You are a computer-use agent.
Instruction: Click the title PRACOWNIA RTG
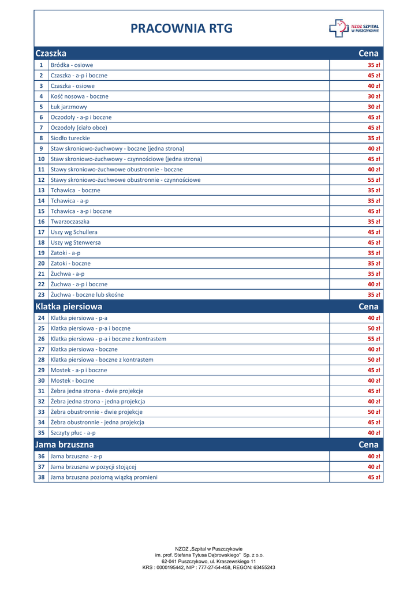[181, 28]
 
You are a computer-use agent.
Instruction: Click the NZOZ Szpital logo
[354, 28]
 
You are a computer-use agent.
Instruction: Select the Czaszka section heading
[51, 53]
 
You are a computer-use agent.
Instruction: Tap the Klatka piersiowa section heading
[69, 306]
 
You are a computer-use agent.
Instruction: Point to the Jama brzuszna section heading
[64, 444]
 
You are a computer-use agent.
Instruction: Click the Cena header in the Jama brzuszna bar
[368, 444]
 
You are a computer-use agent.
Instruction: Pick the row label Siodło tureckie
[70, 138]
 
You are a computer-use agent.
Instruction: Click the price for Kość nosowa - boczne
[374, 96]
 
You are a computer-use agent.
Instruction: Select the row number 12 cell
[41, 179]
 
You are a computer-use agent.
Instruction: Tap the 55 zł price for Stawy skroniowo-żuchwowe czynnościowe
[374, 179]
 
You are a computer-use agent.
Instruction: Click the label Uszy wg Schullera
[74, 232]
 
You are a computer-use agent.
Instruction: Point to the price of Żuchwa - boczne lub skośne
[374, 294]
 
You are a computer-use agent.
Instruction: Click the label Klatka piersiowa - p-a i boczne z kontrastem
[109, 339]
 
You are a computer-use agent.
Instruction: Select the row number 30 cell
[41, 380]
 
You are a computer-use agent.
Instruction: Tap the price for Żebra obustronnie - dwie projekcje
[374, 412]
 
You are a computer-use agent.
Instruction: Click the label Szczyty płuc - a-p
[73, 432]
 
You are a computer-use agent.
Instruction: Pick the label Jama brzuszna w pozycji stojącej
[94, 466]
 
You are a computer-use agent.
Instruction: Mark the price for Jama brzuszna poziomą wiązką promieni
[374, 477]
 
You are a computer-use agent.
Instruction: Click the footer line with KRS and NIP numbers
[209, 567]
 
